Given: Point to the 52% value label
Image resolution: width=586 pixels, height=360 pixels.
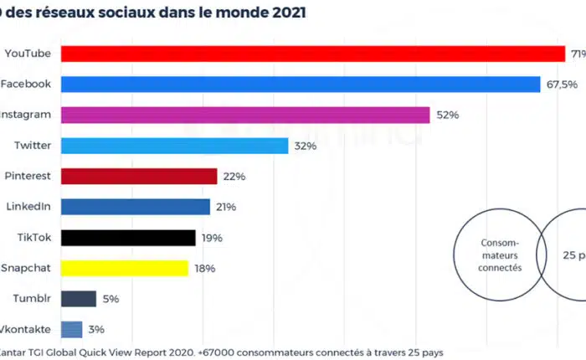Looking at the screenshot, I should [446, 116].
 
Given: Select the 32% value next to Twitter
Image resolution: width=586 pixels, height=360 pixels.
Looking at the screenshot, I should [304, 146].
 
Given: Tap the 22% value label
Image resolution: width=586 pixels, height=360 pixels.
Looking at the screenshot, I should [234, 177].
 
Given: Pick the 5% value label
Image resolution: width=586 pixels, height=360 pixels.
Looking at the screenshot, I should [111, 299].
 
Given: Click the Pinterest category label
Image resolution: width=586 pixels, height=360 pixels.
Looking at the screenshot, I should [28, 176].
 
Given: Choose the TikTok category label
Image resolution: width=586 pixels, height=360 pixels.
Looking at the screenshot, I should [34, 238].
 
